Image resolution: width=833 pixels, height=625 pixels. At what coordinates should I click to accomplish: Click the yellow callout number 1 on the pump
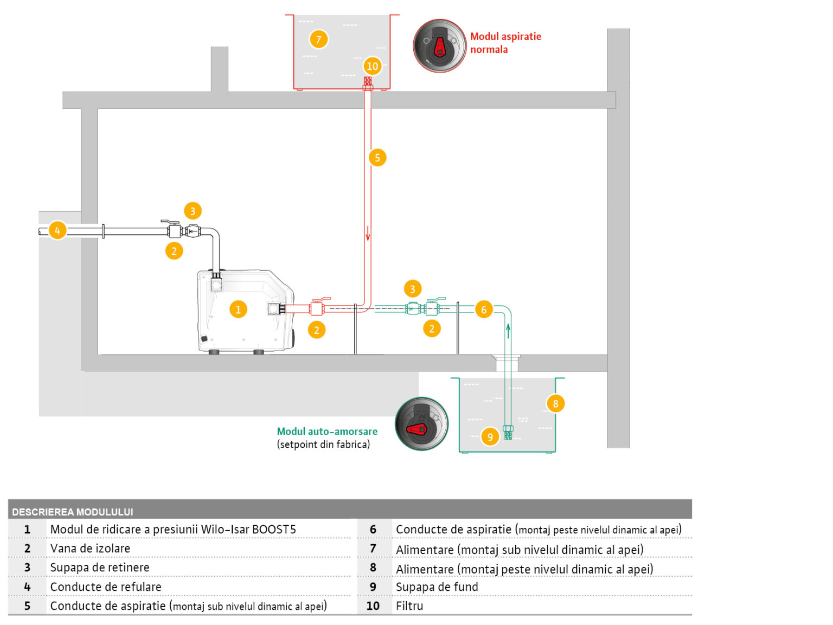pos(238,309)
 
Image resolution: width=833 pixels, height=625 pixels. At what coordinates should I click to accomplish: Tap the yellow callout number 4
pos(57,231)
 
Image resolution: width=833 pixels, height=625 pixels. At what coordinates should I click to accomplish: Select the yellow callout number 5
pos(377,158)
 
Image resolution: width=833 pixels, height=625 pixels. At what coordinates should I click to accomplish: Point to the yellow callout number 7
pos(318,39)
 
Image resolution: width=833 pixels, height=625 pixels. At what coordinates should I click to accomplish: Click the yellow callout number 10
pos(372,66)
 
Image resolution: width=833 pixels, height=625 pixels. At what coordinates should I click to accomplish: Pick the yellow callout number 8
pos(555,404)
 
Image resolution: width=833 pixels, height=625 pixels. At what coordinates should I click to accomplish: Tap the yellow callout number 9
pos(490,437)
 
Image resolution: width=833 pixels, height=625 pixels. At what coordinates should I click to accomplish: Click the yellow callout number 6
pos(484,310)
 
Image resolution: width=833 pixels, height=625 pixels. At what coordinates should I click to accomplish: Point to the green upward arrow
pos(508,330)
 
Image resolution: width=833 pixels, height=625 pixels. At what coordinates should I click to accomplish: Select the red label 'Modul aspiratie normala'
pos(505,43)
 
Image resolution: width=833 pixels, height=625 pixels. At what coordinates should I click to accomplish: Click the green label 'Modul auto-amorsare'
pos(327,431)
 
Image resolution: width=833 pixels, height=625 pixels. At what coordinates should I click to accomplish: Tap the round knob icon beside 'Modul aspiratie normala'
pos(439,46)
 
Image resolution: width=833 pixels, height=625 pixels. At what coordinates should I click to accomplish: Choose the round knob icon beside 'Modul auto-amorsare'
pos(421,424)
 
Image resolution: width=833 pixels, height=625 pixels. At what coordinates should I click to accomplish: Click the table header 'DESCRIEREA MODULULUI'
pos(73,512)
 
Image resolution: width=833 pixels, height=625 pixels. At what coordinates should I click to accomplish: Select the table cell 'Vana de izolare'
pos(90,549)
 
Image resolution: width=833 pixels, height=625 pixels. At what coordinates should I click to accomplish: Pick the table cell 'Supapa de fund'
pos(437,587)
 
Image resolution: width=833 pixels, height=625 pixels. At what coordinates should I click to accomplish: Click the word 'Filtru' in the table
pos(409,606)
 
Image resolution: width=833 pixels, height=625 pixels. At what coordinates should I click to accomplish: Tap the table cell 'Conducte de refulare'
pos(106,587)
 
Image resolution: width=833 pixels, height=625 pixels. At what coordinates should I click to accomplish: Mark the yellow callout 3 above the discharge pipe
pos(193,211)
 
